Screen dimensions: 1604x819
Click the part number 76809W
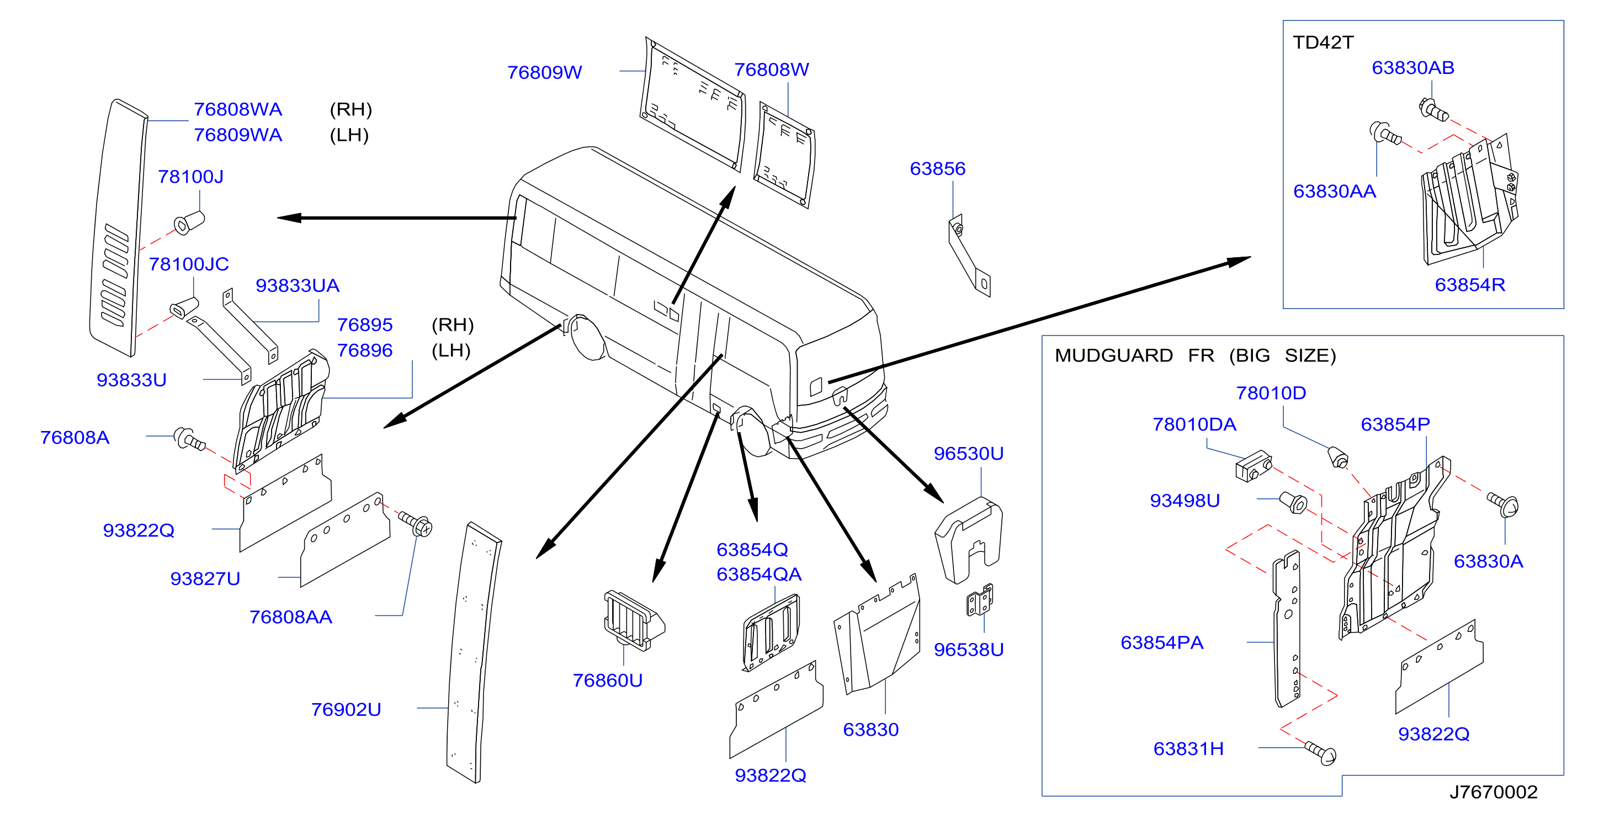coord(544,72)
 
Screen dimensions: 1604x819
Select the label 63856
coord(937,168)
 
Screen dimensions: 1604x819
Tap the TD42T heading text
coord(1323,42)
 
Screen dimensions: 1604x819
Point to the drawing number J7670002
coord(1493,791)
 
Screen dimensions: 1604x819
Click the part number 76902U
coord(346,709)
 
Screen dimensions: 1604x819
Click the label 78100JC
coord(189,263)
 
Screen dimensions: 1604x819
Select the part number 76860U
coord(607,679)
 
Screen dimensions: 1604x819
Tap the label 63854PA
coord(1161,642)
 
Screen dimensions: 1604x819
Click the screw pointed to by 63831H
coord(1321,754)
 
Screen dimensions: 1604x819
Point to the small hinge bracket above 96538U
coord(980,600)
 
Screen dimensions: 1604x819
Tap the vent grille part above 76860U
coord(633,621)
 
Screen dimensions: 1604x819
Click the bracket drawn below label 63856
coord(969,256)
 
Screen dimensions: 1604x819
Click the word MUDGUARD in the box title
coord(1113,355)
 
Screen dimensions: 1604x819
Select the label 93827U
coord(205,578)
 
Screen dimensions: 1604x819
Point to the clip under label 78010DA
coord(1253,466)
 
